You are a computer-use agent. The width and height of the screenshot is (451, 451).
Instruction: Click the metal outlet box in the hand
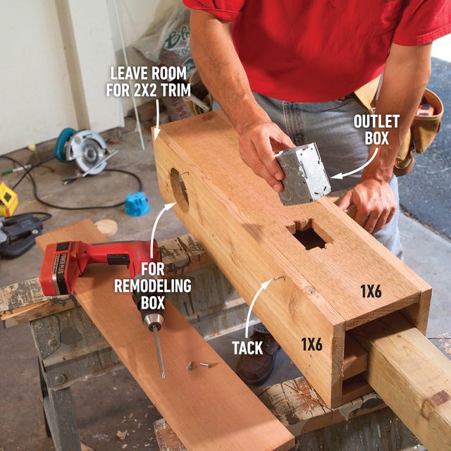302,173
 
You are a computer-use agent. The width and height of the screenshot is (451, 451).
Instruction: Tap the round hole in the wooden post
179,189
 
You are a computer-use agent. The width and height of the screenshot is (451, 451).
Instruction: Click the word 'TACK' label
247,347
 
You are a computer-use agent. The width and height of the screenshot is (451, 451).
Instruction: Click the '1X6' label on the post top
370,290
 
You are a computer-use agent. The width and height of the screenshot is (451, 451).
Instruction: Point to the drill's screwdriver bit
159,352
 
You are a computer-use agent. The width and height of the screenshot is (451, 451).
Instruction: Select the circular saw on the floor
82,149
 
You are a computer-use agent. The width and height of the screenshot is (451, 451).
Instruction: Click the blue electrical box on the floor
137,203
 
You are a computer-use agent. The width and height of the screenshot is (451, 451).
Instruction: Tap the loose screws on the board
197,364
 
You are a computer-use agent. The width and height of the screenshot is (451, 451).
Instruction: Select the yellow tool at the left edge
8,199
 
